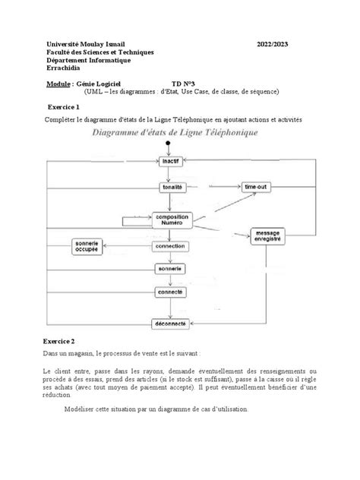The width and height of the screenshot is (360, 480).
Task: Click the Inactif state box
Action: tap(170, 162)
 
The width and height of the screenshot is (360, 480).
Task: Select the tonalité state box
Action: tap(170, 186)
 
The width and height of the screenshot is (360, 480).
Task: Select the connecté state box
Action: tap(170, 292)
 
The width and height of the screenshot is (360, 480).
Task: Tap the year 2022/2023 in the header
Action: tap(269, 43)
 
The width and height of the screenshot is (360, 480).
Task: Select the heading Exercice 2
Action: tap(69, 341)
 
